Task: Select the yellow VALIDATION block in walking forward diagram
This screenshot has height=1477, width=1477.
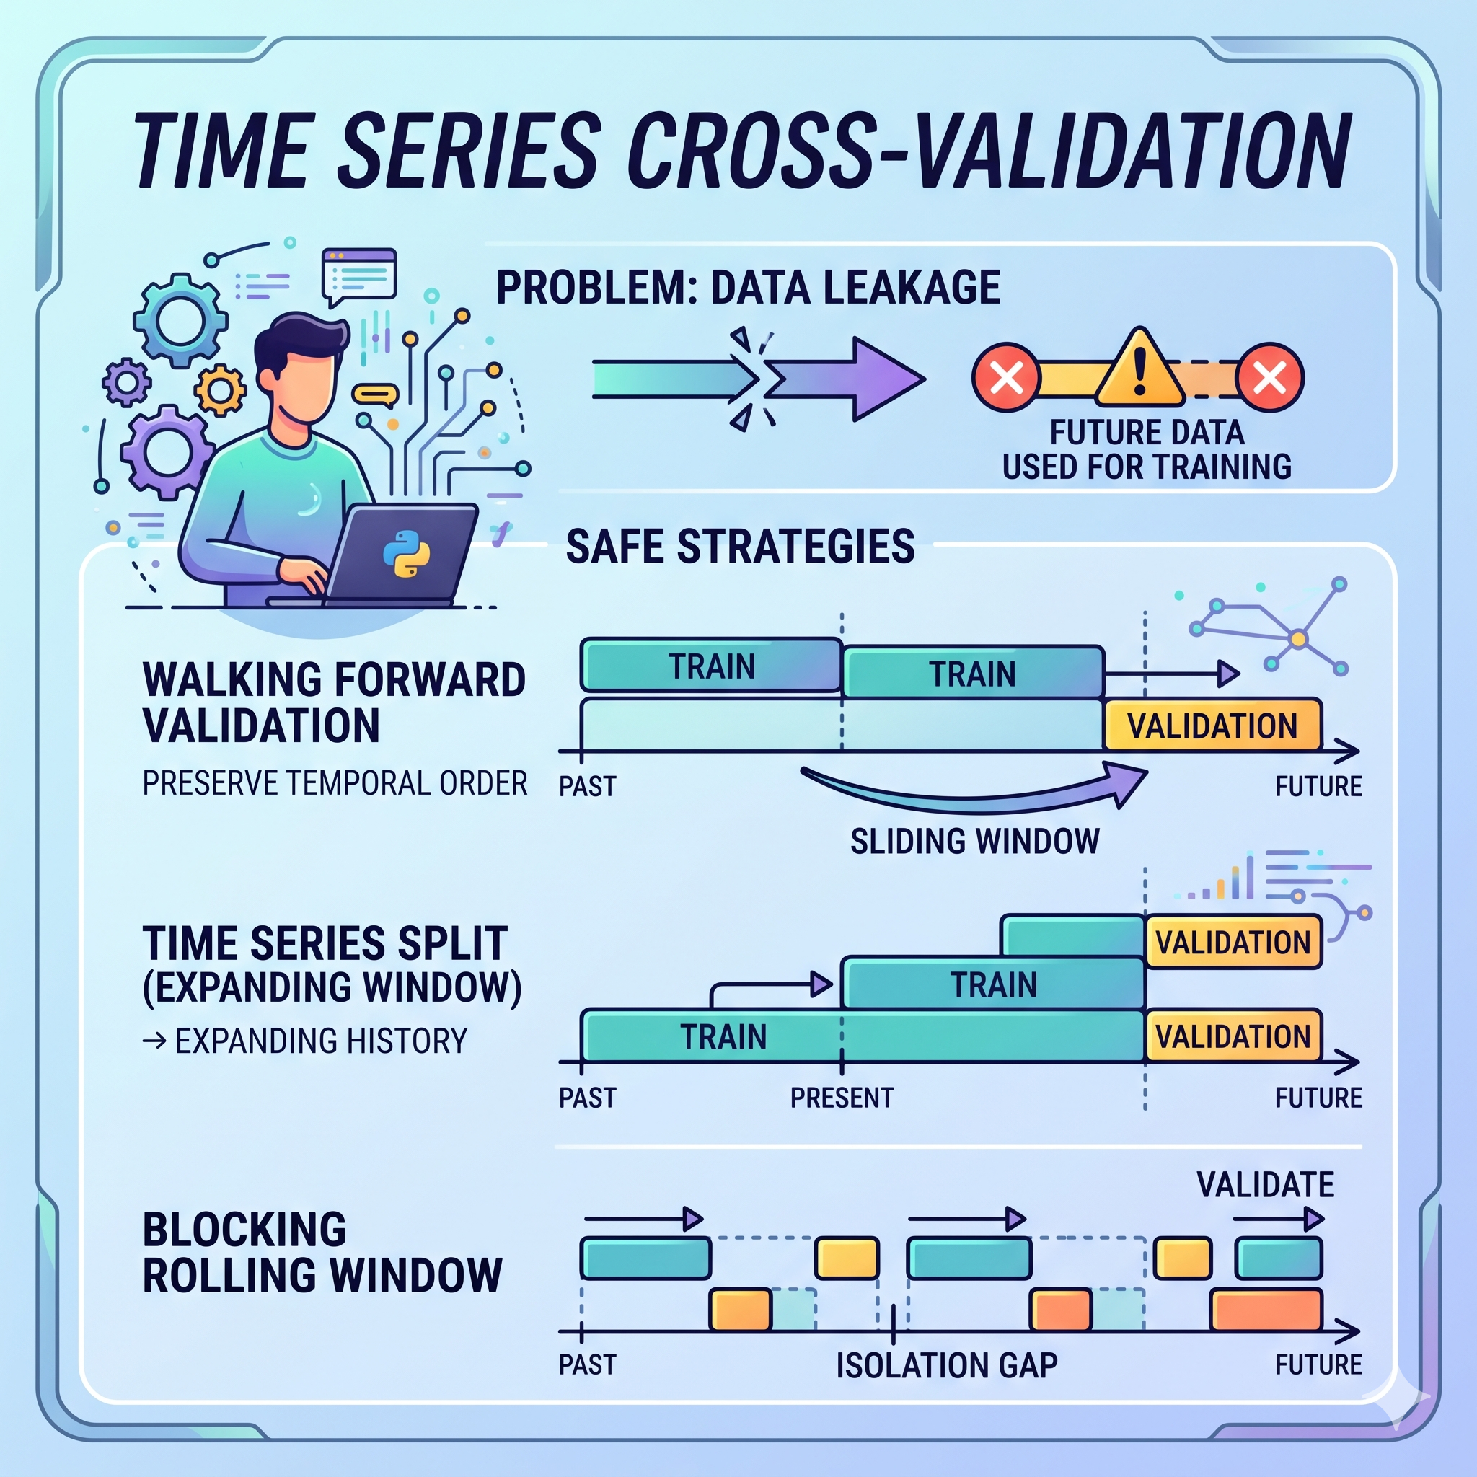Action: click(x=1212, y=725)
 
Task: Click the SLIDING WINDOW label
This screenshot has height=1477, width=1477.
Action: click(x=975, y=841)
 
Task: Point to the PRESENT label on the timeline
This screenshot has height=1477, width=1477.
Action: click(x=842, y=1098)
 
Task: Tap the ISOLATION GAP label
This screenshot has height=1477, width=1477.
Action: click(x=946, y=1364)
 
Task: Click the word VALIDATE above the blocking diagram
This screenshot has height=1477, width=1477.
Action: click(x=1265, y=1185)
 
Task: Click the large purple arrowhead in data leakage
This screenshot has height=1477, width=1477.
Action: click(x=887, y=379)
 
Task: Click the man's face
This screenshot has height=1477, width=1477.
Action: click(x=306, y=387)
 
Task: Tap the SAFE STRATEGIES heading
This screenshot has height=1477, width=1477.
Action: click(x=740, y=547)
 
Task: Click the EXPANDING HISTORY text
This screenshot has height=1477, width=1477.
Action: click(x=321, y=1041)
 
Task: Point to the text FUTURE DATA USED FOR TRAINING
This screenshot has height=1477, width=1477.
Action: click(x=1147, y=449)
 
